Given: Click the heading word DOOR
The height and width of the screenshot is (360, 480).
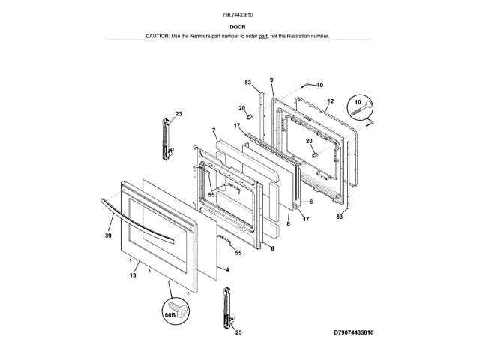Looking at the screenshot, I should (x=239, y=26).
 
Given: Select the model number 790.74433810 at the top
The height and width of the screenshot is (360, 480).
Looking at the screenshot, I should (x=239, y=14).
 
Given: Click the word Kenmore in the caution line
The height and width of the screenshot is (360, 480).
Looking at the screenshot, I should (x=208, y=36).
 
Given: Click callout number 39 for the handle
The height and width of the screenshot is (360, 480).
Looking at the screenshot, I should (x=108, y=235).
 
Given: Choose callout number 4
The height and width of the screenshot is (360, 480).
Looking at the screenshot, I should (x=227, y=268).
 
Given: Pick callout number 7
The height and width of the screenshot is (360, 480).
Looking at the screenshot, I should (x=214, y=130).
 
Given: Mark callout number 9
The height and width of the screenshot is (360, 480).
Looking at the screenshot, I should (x=271, y=80).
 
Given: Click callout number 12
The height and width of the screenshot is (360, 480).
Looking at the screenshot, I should (x=330, y=100).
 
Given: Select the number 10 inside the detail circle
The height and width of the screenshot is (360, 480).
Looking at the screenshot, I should (x=357, y=101).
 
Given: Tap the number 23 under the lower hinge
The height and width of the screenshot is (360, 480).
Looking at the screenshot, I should (x=238, y=331).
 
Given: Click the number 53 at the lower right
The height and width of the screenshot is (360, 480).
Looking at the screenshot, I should (x=339, y=216).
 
